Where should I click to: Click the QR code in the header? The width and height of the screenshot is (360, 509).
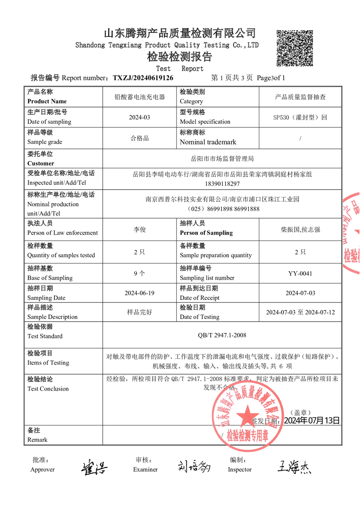(295, 48)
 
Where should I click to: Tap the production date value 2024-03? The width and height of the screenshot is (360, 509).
(139, 117)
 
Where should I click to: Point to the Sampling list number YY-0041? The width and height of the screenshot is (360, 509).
(300, 274)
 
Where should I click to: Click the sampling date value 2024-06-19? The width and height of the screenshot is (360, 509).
(139, 293)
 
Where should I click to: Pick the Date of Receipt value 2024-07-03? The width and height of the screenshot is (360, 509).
(300, 293)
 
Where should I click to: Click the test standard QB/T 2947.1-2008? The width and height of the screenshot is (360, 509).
(222, 335)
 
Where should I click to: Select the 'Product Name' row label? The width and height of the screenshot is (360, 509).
(47, 101)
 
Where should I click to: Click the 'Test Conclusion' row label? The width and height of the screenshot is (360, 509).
(48, 389)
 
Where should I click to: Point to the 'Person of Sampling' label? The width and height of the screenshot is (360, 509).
(206, 233)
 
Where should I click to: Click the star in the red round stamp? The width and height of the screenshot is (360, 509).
(248, 414)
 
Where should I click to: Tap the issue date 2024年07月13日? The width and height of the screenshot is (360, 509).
(311, 421)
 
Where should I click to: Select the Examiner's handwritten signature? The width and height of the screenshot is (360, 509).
(194, 466)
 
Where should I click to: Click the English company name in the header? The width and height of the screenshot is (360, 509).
(167, 45)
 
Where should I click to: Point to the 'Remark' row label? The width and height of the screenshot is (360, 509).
(37, 440)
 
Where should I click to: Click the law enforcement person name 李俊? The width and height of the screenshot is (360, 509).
(139, 230)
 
